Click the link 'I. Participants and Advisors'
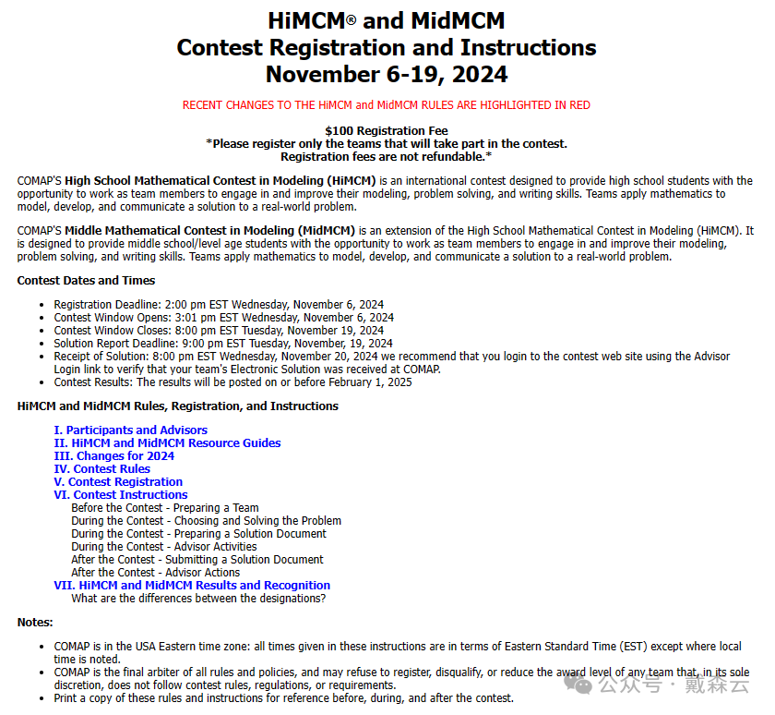click(130, 430)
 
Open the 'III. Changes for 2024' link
click(113, 455)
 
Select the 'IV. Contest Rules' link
click(101, 468)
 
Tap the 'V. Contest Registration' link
click(118, 481)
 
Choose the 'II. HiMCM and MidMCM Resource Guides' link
click(167, 442)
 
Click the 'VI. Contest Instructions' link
click(120, 494)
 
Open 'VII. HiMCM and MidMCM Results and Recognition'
click(192, 585)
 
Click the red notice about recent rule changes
click(386, 105)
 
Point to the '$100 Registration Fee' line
click(387, 131)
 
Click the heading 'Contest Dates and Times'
click(86, 280)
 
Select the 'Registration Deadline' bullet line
click(219, 304)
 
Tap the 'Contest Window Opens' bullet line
click(223, 317)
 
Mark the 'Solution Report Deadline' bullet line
click(222, 343)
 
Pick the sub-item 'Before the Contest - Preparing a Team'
click(164, 507)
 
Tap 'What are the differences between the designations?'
click(197, 598)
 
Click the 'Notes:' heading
click(35, 622)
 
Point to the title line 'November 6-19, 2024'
click(387, 74)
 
